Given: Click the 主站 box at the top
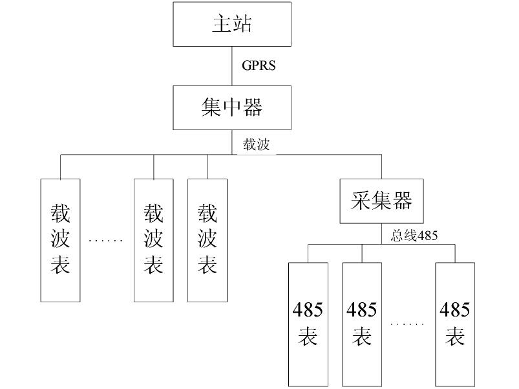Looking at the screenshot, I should click(232, 23).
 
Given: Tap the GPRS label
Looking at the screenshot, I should click(259, 65).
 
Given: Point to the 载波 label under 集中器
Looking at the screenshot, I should click(256, 144).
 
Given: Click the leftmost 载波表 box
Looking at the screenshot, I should click(60, 239).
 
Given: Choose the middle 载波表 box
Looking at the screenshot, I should click(153, 239).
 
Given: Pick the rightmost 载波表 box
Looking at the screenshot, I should click(207, 239).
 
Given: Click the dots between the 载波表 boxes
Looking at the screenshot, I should click(105, 241).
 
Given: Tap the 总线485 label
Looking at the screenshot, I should click(414, 236).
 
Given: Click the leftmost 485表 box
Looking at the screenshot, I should click(308, 323).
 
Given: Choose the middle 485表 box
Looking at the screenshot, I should click(362, 323).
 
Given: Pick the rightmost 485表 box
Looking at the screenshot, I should click(455, 323).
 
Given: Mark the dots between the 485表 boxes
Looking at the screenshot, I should click(408, 324).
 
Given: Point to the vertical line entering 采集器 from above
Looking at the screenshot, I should click(381, 167).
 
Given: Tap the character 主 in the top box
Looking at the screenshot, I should click(222, 24).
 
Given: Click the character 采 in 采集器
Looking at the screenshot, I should click(361, 201).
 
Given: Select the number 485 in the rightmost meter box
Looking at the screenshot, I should click(455, 310).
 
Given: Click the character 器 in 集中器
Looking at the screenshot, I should click(253, 107).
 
